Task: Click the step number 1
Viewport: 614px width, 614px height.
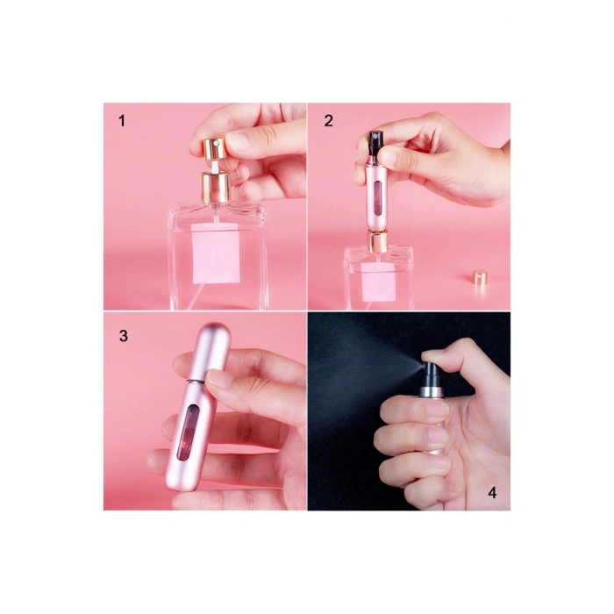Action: (x=122, y=121)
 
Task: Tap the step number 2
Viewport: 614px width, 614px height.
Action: (x=329, y=121)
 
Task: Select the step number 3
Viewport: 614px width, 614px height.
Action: (x=124, y=336)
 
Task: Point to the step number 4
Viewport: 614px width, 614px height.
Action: (x=492, y=492)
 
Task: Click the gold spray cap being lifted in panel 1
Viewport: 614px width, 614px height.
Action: (x=214, y=148)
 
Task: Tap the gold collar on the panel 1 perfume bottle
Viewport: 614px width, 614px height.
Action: (x=216, y=188)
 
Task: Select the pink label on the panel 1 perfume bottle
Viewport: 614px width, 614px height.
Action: (x=216, y=253)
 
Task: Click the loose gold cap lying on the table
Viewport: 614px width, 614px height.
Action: (x=479, y=276)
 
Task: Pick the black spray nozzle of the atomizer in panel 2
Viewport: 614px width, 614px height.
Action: (x=377, y=143)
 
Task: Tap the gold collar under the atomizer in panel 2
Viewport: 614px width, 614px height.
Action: (x=377, y=242)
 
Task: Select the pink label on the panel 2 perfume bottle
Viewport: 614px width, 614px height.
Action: (x=378, y=282)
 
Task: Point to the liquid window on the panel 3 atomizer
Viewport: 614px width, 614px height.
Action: (x=188, y=432)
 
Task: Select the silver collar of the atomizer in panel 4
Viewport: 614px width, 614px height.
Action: (x=430, y=389)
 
